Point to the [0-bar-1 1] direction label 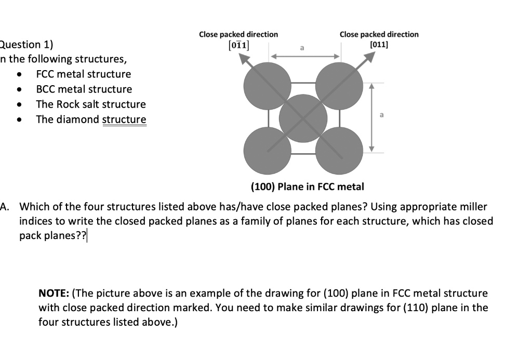pos(238,45)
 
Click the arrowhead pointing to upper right pos(370,56)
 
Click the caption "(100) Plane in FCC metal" pos(307,186)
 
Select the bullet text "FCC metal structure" pos(83,74)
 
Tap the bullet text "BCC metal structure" pos(84,89)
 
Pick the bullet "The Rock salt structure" pos(90,104)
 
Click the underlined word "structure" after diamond pos(124,119)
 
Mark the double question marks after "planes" pos(83,235)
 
